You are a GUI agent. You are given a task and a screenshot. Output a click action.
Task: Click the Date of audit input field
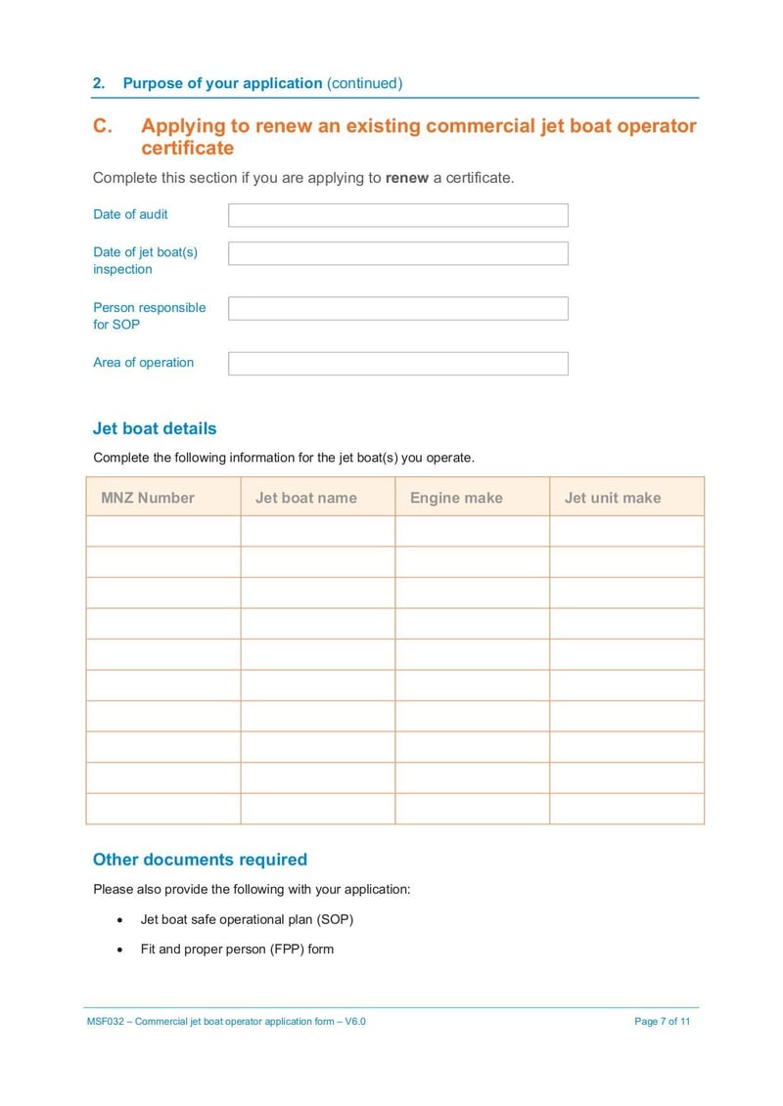coord(397,215)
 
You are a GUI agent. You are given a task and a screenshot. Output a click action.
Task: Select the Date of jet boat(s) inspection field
coord(397,253)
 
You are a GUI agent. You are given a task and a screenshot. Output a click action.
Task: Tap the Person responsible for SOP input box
coord(397,309)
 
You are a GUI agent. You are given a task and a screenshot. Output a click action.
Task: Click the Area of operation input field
coord(397,364)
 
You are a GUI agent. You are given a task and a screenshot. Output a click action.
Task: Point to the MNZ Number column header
coord(148,498)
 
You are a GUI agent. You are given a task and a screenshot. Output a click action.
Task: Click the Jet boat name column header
coord(306,498)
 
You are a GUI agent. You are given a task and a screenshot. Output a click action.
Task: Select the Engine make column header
coord(456,498)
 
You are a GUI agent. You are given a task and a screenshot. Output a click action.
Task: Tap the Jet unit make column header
coord(613,498)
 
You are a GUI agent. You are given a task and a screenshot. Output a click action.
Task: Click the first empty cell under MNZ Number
coord(163,531)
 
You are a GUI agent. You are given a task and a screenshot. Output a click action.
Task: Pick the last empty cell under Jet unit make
coord(626,809)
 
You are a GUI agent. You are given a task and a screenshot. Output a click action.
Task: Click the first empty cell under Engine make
coord(472,531)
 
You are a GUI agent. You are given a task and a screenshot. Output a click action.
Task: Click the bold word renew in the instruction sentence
coord(407,178)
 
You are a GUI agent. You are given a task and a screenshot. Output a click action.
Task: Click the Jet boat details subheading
coord(155,428)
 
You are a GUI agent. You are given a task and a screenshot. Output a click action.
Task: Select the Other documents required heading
coord(200,860)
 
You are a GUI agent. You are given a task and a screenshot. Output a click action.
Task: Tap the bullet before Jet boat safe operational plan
coord(119,921)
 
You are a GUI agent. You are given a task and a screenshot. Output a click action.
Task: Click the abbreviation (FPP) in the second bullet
coord(286,949)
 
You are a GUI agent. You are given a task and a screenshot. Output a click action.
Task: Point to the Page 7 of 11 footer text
coord(663,1022)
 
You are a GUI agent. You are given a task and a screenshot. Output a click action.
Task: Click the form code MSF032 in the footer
coord(105,1022)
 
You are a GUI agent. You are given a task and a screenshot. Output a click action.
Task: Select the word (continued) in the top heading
coord(364,83)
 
